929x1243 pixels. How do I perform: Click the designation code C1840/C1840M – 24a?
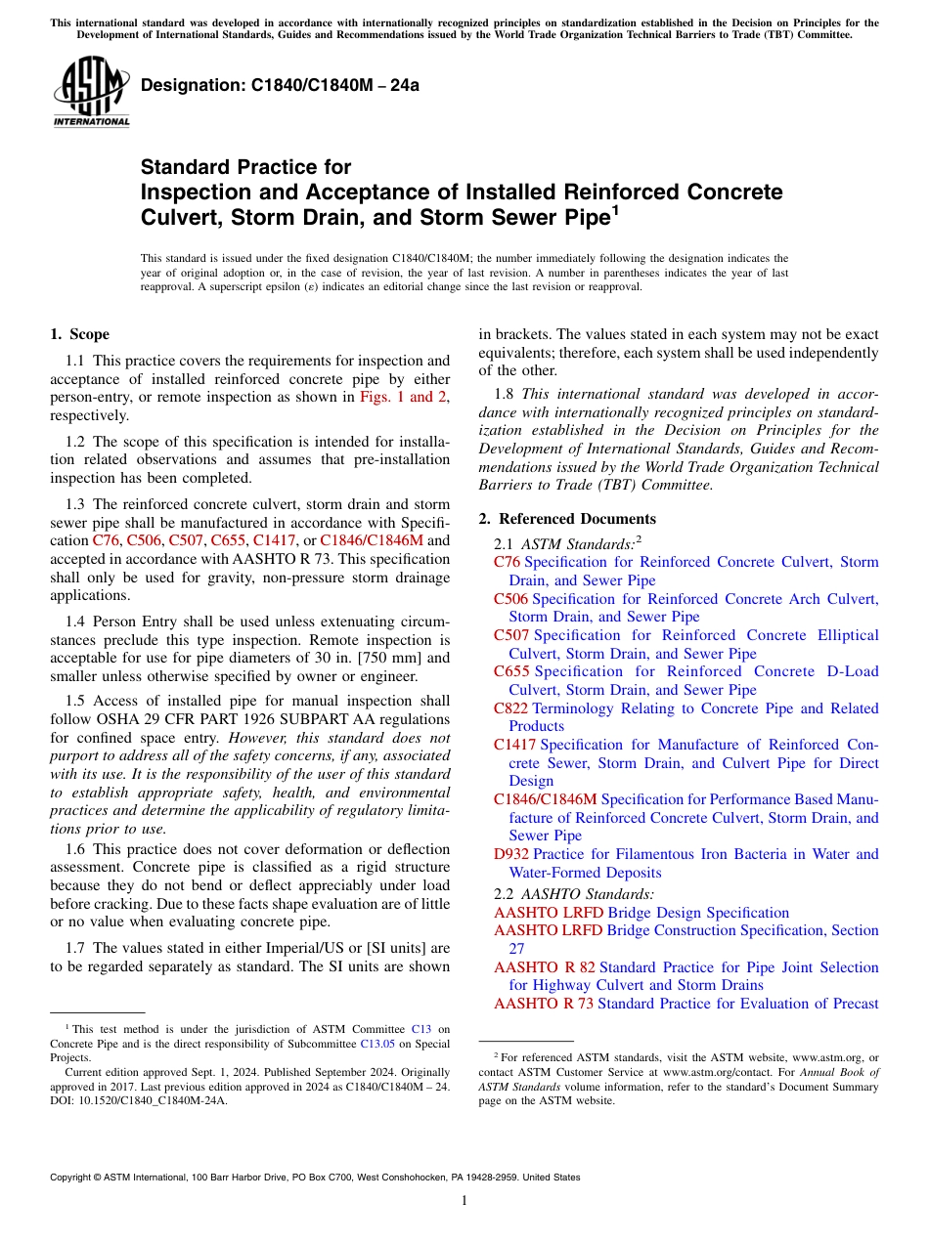(280, 85)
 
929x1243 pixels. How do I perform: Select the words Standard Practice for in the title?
(245, 167)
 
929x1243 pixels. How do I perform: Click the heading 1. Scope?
(79, 334)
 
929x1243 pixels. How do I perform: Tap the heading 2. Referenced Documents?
(567, 519)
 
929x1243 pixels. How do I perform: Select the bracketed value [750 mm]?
(405, 658)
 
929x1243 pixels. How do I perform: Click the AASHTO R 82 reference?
(544, 967)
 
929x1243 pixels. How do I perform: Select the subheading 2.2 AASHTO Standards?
(574, 893)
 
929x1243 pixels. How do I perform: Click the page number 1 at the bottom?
(464, 1200)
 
